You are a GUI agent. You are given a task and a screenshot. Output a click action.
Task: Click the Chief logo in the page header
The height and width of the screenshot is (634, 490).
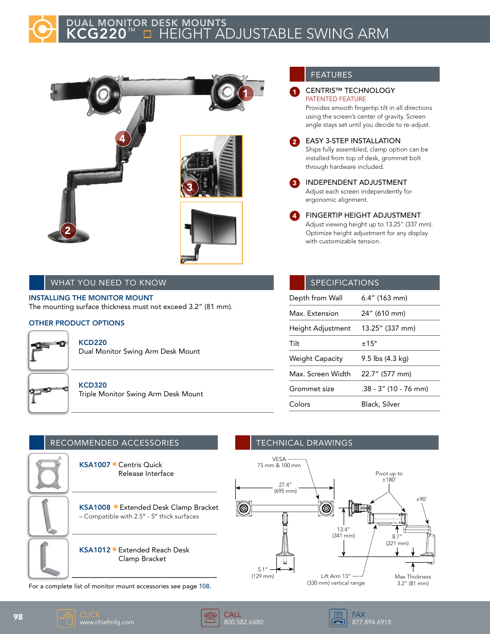click(x=42, y=29)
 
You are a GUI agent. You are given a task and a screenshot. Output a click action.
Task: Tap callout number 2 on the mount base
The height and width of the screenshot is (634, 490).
click(x=68, y=230)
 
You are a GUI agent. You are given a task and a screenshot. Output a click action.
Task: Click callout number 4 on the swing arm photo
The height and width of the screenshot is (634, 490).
click(x=122, y=139)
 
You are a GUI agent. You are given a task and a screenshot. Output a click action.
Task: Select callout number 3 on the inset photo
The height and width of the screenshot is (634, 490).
click(x=190, y=187)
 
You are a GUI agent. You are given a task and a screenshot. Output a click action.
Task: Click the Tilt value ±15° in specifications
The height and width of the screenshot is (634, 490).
click(x=369, y=343)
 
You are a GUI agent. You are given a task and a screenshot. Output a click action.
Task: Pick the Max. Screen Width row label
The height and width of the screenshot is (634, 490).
click(x=319, y=374)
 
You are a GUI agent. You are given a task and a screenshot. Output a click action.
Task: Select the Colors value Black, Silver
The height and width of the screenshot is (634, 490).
click(x=380, y=404)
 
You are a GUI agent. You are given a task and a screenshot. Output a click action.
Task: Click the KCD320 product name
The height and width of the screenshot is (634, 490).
click(x=92, y=385)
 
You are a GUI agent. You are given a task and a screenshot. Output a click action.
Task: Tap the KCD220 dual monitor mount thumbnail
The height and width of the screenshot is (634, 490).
click(x=49, y=351)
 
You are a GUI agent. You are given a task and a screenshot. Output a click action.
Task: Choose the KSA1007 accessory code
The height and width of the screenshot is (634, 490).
click(x=95, y=465)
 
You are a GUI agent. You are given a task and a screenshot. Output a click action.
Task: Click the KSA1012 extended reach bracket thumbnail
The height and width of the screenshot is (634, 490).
click(x=49, y=558)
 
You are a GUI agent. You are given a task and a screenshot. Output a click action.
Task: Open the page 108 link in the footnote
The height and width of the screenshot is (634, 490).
click(x=204, y=586)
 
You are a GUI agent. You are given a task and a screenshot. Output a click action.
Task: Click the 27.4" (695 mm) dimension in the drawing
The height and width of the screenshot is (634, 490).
click(x=285, y=488)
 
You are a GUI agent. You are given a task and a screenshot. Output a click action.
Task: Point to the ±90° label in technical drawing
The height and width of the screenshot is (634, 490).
click(x=421, y=499)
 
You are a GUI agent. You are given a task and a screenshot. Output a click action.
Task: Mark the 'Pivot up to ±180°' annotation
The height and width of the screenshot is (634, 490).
click(x=389, y=476)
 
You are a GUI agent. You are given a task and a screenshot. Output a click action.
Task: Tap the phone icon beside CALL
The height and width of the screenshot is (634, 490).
click(x=210, y=618)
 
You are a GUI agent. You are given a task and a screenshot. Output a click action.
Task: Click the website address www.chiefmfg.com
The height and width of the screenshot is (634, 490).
click(x=107, y=622)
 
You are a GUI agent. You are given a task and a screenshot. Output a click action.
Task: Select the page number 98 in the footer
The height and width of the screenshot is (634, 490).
click(x=18, y=617)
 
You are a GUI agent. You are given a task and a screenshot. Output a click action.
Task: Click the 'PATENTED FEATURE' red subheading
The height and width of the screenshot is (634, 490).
click(x=335, y=99)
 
